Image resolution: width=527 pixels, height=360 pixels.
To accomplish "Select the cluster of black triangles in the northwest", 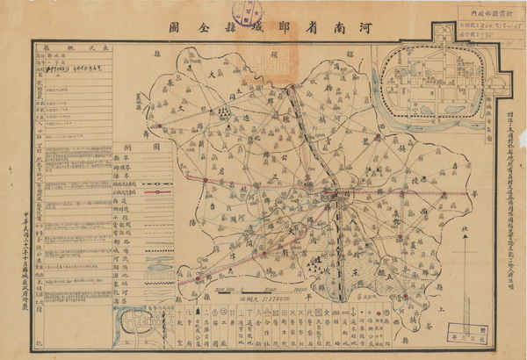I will [226, 112].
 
